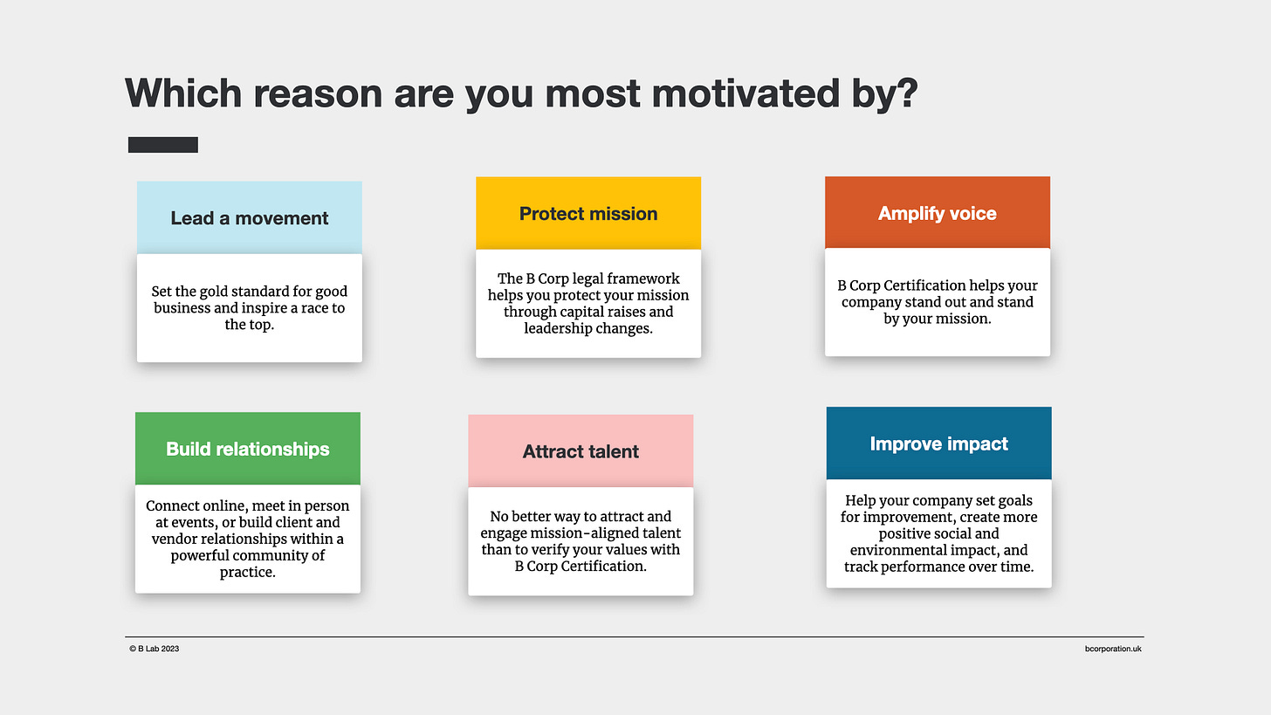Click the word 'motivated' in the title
click(x=745, y=93)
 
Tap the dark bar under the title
click(x=163, y=145)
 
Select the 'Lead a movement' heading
click(x=250, y=218)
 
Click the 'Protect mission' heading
click(x=588, y=213)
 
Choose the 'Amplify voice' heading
click(x=938, y=213)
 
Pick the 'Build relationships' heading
click(x=247, y=449)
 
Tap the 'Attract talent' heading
click(x=581, y=451)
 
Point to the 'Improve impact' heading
click(x=939, y=443)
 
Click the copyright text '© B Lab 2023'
click(x=155, y=649)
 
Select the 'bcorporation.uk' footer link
click(x=1113, y=649)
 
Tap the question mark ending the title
click(x=908, y=93)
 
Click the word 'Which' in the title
click(x=184, y=93)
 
